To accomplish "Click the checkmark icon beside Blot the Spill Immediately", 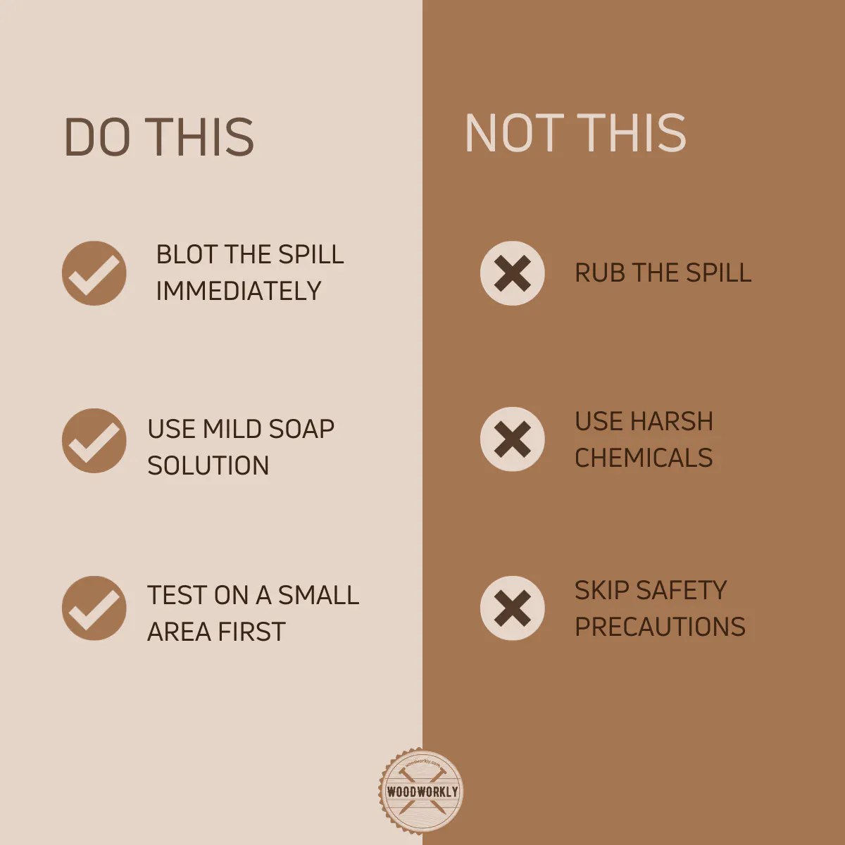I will (94, 273).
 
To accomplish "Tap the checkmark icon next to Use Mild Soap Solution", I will (94, 441).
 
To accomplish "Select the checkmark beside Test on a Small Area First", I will (94, 608).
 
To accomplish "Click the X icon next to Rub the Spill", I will (512, 273).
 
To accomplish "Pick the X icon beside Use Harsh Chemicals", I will (512, 439).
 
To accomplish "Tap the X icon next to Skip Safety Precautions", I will (512, 608).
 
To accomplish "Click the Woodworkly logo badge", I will (422, 791).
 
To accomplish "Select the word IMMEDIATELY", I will (238, 291).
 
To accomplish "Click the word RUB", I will (599, 273).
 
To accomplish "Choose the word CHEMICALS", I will (644, 458).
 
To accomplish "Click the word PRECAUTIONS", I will (660, 627).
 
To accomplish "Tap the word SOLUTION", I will (208, 465).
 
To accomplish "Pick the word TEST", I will (175, 595).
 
